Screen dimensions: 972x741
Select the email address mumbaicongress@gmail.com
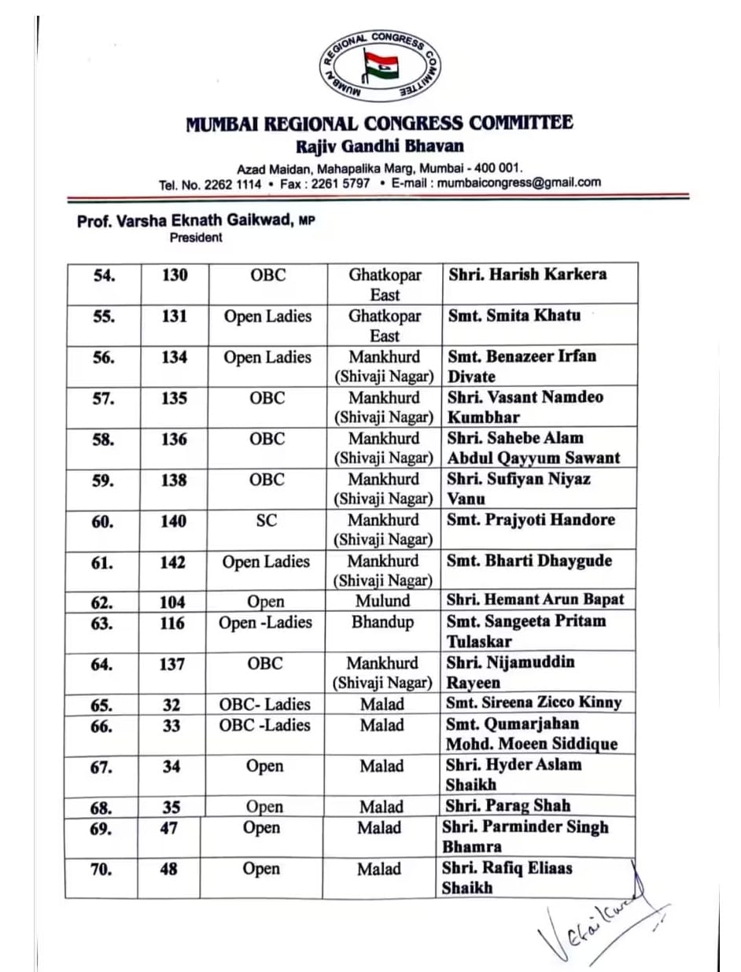pyautogui.click(x=519, y=182)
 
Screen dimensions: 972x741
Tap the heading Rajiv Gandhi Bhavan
pyautogui.click(x=380, y=146)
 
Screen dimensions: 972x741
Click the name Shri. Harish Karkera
pyautogui.click(x=527, y=274)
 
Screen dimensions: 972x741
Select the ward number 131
pyautogui.click(x=174, y=316)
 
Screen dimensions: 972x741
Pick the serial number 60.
pyautogui.click(x=102, y=521)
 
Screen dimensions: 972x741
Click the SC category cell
pyautogui.click(x=266, y=521)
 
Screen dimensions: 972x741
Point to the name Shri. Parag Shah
pyautogui.click(x=508, y=805)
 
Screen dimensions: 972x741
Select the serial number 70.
pyautogui.click(x=102, y=870)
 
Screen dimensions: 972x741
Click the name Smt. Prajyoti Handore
pyautogui.click(x=531, y=520)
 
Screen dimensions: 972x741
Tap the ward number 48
pyautogui.click(x=169, y=870)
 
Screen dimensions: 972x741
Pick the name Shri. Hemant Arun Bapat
pyautogui.click(x=536, y=600)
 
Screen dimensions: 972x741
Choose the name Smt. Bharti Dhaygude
pyautogui.click(x=529, y=561)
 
